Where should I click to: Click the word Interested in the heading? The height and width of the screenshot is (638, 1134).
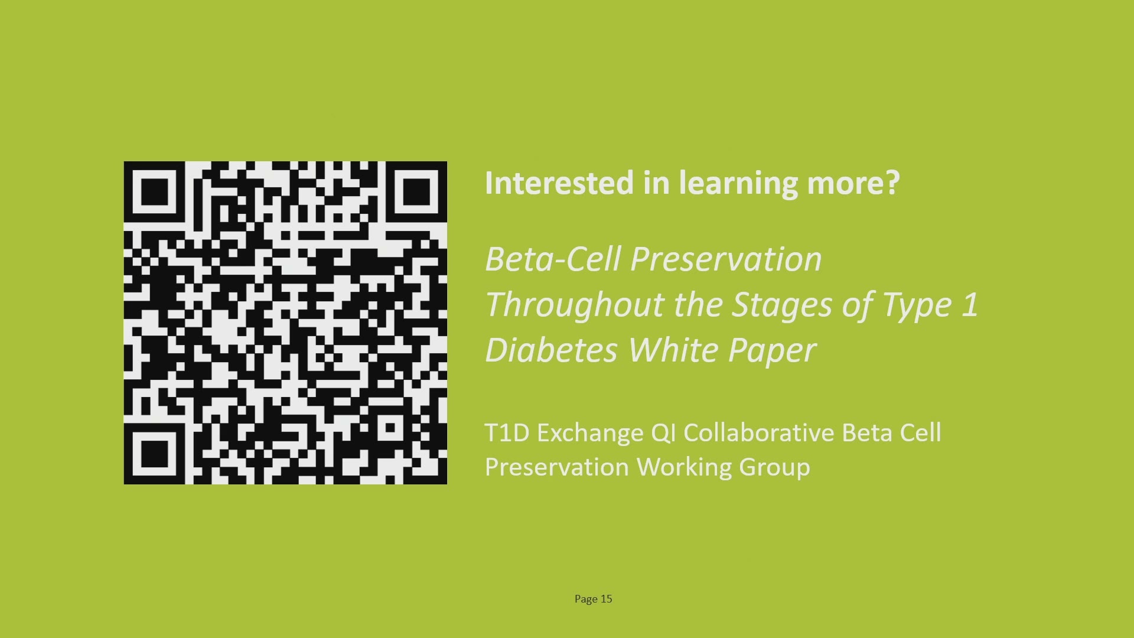pos(559,183)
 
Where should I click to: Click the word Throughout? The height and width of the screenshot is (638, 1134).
pos(575,305)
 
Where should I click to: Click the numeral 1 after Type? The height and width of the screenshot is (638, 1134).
pos(970,305)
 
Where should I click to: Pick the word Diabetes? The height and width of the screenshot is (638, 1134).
pos(550,350)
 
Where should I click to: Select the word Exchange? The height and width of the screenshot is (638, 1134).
pos(590,434)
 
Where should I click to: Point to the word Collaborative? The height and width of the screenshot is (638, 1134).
pos(758,432)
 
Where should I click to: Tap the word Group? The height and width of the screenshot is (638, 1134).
pos(774,468)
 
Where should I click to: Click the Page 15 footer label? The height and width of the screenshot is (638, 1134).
pos(594,599)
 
